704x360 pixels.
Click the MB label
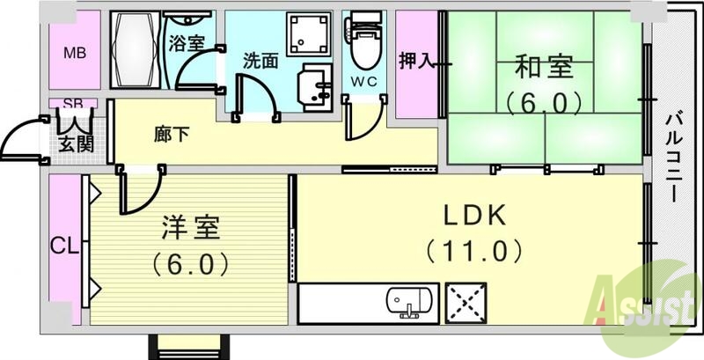(x=75, y=51)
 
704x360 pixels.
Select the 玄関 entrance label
(x=77, y=143)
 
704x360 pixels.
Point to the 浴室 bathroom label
(x=186, y=41)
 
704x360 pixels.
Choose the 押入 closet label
(x=416, y=61)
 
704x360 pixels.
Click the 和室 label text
(x=545, y=66)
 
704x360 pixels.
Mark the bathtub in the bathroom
(x=136, y=51)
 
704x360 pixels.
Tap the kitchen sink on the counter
(x=410, y=303)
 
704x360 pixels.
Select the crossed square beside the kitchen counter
(x=466, y=304)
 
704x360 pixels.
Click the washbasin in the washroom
(x=313, y=88)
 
